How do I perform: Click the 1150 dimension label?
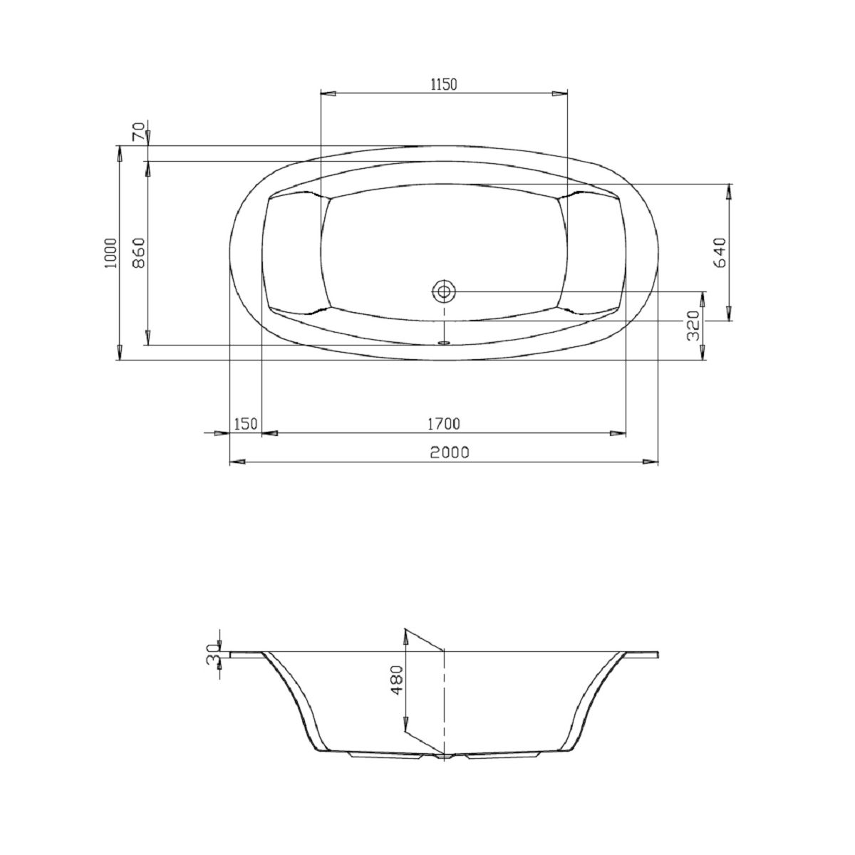tap(443, 84)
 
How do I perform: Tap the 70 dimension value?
tap(138, 131)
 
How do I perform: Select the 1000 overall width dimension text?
tap(111, 253)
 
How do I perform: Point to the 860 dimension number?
tap(139, 253)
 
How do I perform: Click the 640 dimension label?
tap(719, 253)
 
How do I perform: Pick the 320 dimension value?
tap(693, 325)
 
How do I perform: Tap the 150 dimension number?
tap(245, 424)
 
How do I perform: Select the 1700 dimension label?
tap(444, 424)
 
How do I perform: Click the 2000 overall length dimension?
tap(450, 452)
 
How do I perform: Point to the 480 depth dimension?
tap(397, 680)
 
